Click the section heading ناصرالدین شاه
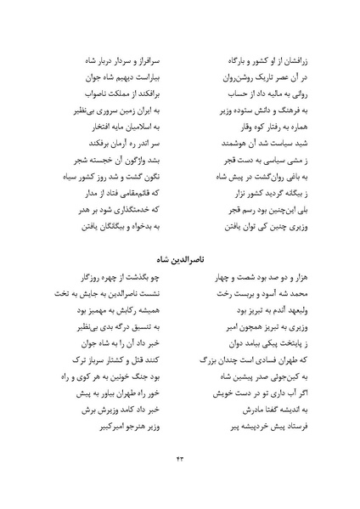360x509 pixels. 179,256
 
